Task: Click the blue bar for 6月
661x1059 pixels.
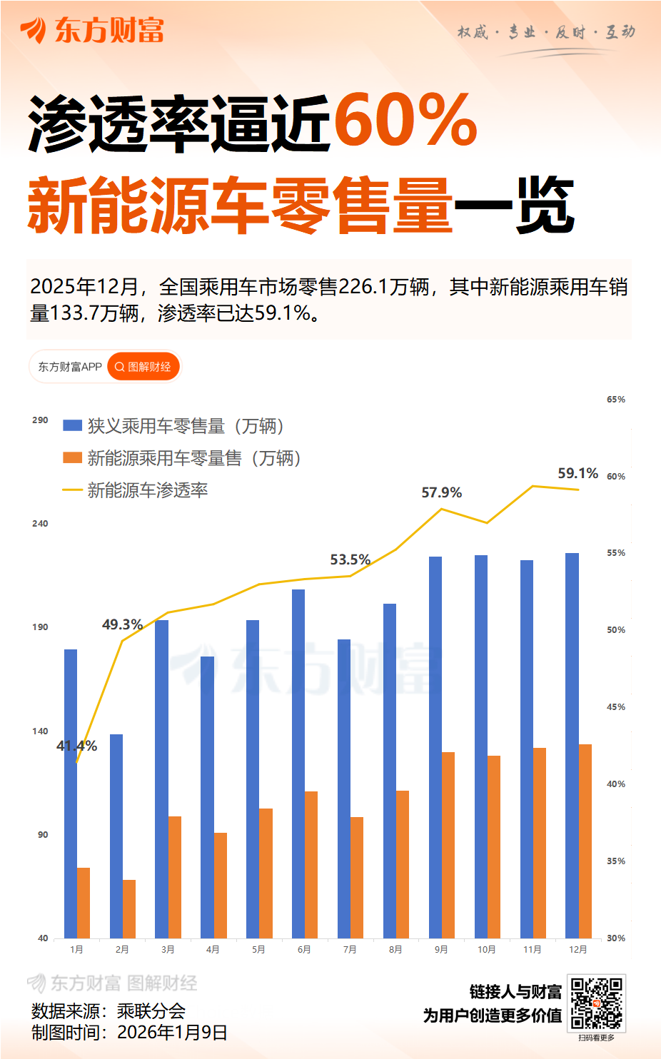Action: [298, 764]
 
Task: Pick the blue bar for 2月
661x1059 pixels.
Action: [116, 836]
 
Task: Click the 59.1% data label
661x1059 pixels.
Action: [577, 473]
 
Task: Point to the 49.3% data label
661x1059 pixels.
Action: [122, 624]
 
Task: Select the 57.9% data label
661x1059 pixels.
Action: [441, 492]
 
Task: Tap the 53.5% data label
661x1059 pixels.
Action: [350, 559]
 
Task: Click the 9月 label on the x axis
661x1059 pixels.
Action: [441, 949]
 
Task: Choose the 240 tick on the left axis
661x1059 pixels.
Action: [40, 523]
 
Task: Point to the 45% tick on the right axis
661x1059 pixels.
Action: [615, 706]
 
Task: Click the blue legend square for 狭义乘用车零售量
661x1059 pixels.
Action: [72, 425]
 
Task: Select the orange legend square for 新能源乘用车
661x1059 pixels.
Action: [72, 457]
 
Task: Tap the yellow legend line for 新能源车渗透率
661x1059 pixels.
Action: [72, 490]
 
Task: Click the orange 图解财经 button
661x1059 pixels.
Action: [143, 367]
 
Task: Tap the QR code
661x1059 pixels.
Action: [597, 1003]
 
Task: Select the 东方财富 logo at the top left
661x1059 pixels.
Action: [93, 31]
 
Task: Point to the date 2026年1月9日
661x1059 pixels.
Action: [172, 1032]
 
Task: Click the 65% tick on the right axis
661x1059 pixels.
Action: [615, 399]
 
